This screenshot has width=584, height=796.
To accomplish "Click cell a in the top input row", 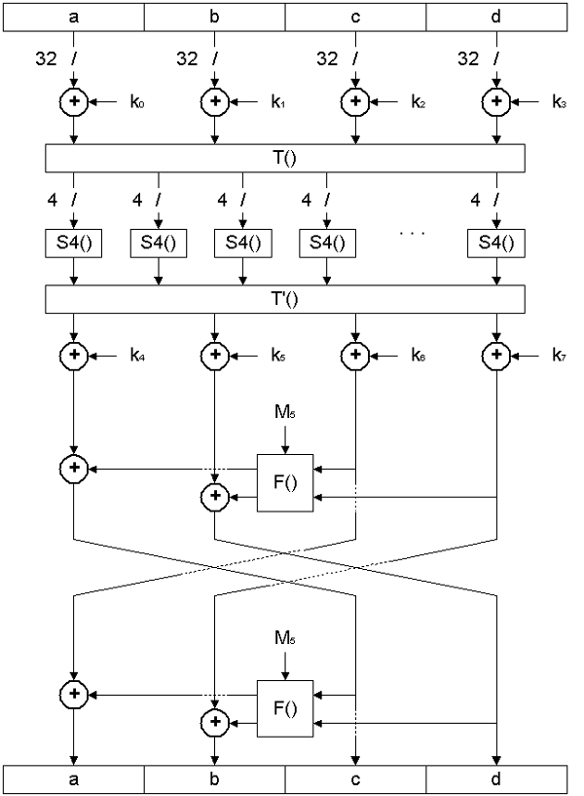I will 74,17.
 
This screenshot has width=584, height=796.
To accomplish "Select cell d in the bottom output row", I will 496,779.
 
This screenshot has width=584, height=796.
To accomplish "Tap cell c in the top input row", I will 355,17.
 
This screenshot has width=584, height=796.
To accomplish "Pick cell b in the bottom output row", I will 214,779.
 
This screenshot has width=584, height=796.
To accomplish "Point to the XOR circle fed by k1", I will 214,100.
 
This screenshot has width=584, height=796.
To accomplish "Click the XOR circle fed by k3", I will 496,100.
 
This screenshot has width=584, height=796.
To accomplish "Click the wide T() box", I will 285,157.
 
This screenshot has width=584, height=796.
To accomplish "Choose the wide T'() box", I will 285,299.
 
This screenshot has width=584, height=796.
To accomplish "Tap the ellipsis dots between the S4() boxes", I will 413,239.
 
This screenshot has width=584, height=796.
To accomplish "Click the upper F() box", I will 285,482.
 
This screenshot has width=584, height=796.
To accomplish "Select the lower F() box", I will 285,708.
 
